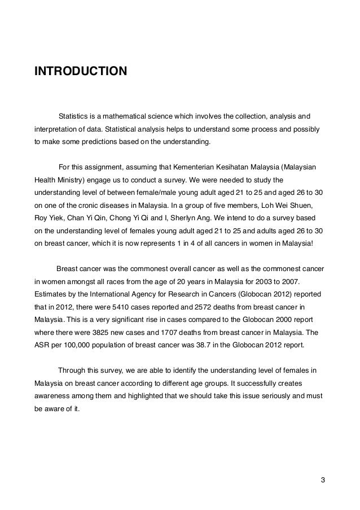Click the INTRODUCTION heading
coord(81,72)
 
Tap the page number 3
coord(323,480)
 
